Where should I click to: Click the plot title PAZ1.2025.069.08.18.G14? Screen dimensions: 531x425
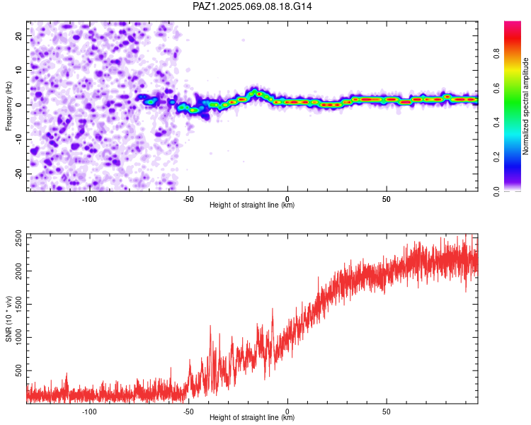252,6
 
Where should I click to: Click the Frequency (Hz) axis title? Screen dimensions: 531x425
8,106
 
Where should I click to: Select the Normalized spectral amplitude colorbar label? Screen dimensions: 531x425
525,106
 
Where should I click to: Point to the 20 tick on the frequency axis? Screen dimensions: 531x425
18,35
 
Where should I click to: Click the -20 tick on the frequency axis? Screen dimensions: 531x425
18,174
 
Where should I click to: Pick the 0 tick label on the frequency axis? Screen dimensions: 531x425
18,105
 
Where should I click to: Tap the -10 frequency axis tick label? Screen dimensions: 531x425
18,140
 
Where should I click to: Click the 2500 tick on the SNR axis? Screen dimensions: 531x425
18,238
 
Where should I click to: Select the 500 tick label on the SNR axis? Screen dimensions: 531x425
18,370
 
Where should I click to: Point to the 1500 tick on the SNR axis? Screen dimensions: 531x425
18,305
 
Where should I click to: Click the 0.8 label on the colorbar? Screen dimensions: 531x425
496,54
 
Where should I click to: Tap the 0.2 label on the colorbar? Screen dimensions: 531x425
496,157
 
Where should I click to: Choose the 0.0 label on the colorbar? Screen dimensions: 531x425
496,191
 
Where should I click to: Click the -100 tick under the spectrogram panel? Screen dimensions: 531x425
89,199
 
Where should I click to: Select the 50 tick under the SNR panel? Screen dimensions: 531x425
387,412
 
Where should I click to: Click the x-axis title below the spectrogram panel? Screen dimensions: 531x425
252,205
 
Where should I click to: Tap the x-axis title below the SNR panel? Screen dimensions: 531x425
252,417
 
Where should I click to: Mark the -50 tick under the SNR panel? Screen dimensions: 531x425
188,412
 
